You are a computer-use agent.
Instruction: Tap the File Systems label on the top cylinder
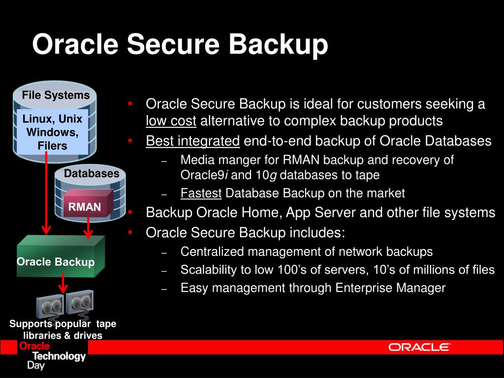pyautogui.click(x=56, y=95)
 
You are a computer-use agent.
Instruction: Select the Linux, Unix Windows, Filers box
pyautogui.click(x=53, y=132)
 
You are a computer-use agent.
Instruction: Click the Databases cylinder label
pyautogui.click(x=92, y=173)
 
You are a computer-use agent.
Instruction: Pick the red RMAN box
pyautogui.click(x=85, y=207)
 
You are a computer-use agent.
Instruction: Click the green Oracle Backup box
pyautogui.click(x=56, y=261)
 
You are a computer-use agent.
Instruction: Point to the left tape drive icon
pyautogui.click(x=50, y=307)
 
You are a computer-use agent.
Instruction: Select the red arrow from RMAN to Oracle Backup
pyautogui.click(x=89, y=227)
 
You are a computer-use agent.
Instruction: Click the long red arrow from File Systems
pyautogui.click(x=46, y=197)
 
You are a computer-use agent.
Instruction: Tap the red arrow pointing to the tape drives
pyautogui.click(x=63, y=284)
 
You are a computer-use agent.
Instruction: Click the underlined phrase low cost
pyautogui.click(x=171, y=121)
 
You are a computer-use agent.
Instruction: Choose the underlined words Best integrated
pyautogui.click(x=192, y=141)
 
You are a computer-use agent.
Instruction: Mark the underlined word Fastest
pyautogui.click(x=201, y=193)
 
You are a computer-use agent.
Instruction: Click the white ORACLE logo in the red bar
pyautogui.click(x=419, y=347)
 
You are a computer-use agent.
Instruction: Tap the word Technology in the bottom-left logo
pyautogui.click(x=59, y=356)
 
